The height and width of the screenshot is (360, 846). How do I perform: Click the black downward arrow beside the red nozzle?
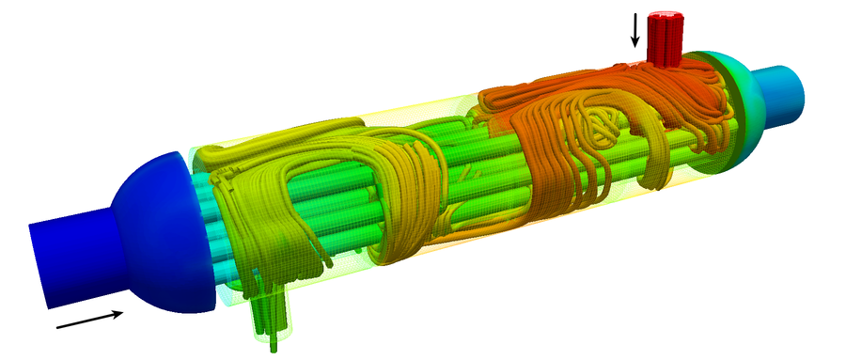coord(634,30)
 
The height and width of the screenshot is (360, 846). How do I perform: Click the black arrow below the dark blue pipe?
coord(90,320)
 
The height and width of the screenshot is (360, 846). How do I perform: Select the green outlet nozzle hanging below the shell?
coord(270,315)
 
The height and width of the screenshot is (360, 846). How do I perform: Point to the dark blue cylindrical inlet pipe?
coord(70,258)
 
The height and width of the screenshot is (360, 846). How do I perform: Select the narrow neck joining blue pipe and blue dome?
coord(115,244)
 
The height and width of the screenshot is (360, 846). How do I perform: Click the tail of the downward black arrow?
coord(634,14)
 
